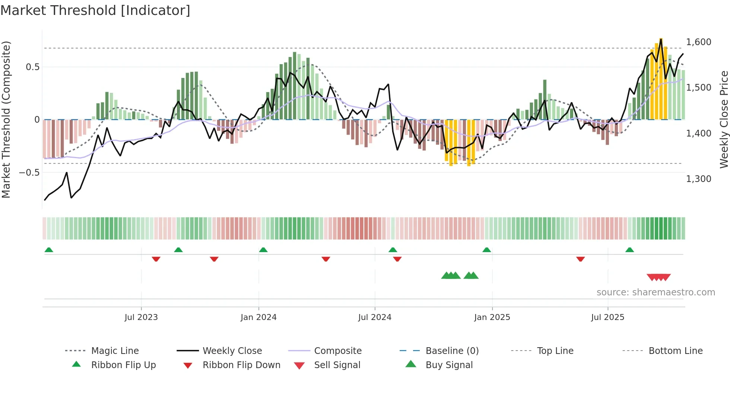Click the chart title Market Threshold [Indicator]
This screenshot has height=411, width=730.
(95, 10)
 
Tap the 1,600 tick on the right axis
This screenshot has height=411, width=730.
(698, 42)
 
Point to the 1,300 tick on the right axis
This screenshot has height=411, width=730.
(698, 179)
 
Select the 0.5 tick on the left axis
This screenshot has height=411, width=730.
(32, 67)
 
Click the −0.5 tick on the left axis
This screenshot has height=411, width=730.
(29, 173)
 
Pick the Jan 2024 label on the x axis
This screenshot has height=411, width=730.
(258, 317)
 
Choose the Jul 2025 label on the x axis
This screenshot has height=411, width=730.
(607, 317)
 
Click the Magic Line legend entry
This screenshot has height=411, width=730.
(115, 351)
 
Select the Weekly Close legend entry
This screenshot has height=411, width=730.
(232, 351)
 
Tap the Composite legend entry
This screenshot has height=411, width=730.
(337, 351)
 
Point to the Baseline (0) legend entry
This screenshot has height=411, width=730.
(452, 351)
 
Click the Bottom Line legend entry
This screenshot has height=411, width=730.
(675, 351)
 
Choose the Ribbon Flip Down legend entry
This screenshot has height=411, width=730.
(241, 365)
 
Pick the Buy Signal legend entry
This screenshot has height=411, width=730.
(449, 365)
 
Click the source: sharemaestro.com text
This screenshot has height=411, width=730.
(656, 292)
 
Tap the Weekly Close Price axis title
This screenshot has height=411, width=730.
(724, 119)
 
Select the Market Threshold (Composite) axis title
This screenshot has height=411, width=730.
(6, 119)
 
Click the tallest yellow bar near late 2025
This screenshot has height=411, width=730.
(661, 78)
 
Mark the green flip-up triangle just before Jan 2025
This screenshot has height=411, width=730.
(486, 250)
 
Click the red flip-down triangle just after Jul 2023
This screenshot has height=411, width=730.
(156, 259)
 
